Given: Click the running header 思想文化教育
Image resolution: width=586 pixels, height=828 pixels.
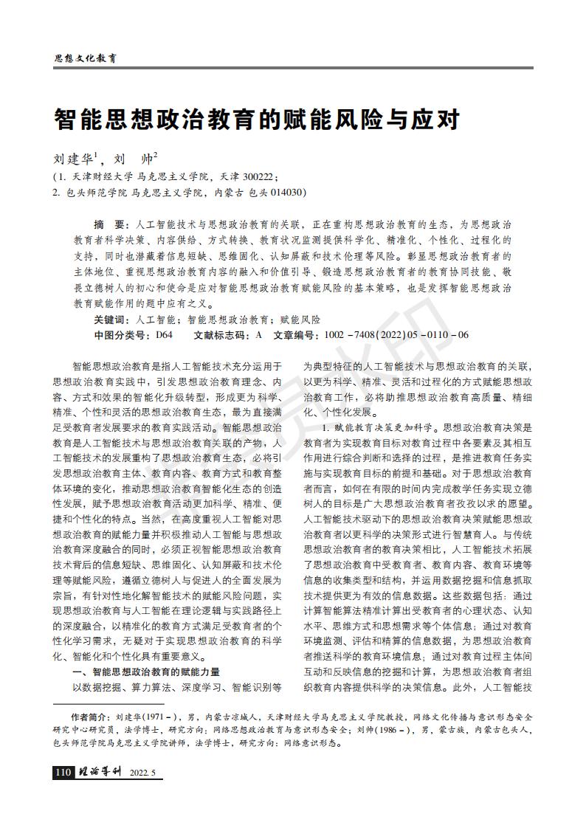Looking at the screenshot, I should pos(86,58).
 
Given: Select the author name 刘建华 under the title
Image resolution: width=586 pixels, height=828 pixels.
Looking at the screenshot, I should pos(73,159).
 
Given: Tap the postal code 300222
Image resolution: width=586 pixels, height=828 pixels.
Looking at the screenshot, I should pos(256,177).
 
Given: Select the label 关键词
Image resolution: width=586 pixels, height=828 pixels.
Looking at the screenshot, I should pos(110,320).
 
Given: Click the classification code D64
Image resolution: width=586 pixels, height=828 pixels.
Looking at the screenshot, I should pos(164,334).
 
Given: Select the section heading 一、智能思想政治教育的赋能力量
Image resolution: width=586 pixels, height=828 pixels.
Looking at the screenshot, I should pos(146,672).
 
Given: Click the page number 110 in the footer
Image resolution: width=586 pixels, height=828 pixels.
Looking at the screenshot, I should pos(63,773).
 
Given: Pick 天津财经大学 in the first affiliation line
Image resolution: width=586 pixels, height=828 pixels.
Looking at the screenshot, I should pos(103,177).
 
